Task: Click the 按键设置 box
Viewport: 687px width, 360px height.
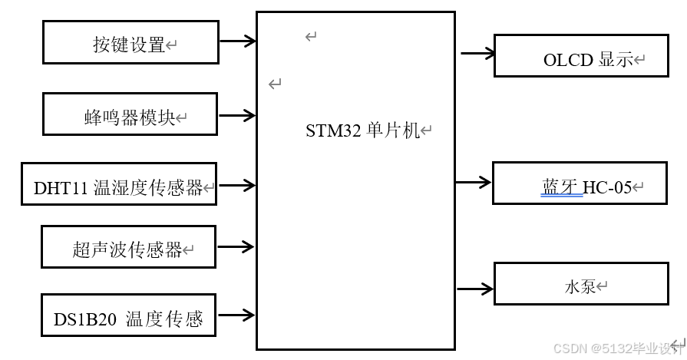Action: tap(130, 42)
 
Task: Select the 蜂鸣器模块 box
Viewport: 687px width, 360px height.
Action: tap(130, 114)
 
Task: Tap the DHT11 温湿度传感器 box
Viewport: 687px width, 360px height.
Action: tap(118, 184)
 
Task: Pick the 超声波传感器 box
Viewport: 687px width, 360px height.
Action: tap(128, 247)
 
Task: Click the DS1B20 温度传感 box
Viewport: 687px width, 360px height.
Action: tap(128, 315)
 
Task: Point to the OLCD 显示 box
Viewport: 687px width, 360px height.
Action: tap(580, 56)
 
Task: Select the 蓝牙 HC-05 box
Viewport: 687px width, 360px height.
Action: tap(579, 183)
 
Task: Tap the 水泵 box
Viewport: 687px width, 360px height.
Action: tap(580, 284)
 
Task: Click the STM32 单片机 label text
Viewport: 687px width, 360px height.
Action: tap(363, 130)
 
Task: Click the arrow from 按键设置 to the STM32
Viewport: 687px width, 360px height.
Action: tap(237, 41)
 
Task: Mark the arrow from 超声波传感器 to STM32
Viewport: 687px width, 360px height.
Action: tap(236, 247)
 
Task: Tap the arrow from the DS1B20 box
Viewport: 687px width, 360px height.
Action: tap(236, 314)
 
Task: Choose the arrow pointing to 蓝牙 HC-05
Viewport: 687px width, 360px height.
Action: tap(474, 183)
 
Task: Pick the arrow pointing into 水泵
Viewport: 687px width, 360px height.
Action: tap(476, 289)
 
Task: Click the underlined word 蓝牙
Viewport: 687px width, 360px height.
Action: tap(560, 187)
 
